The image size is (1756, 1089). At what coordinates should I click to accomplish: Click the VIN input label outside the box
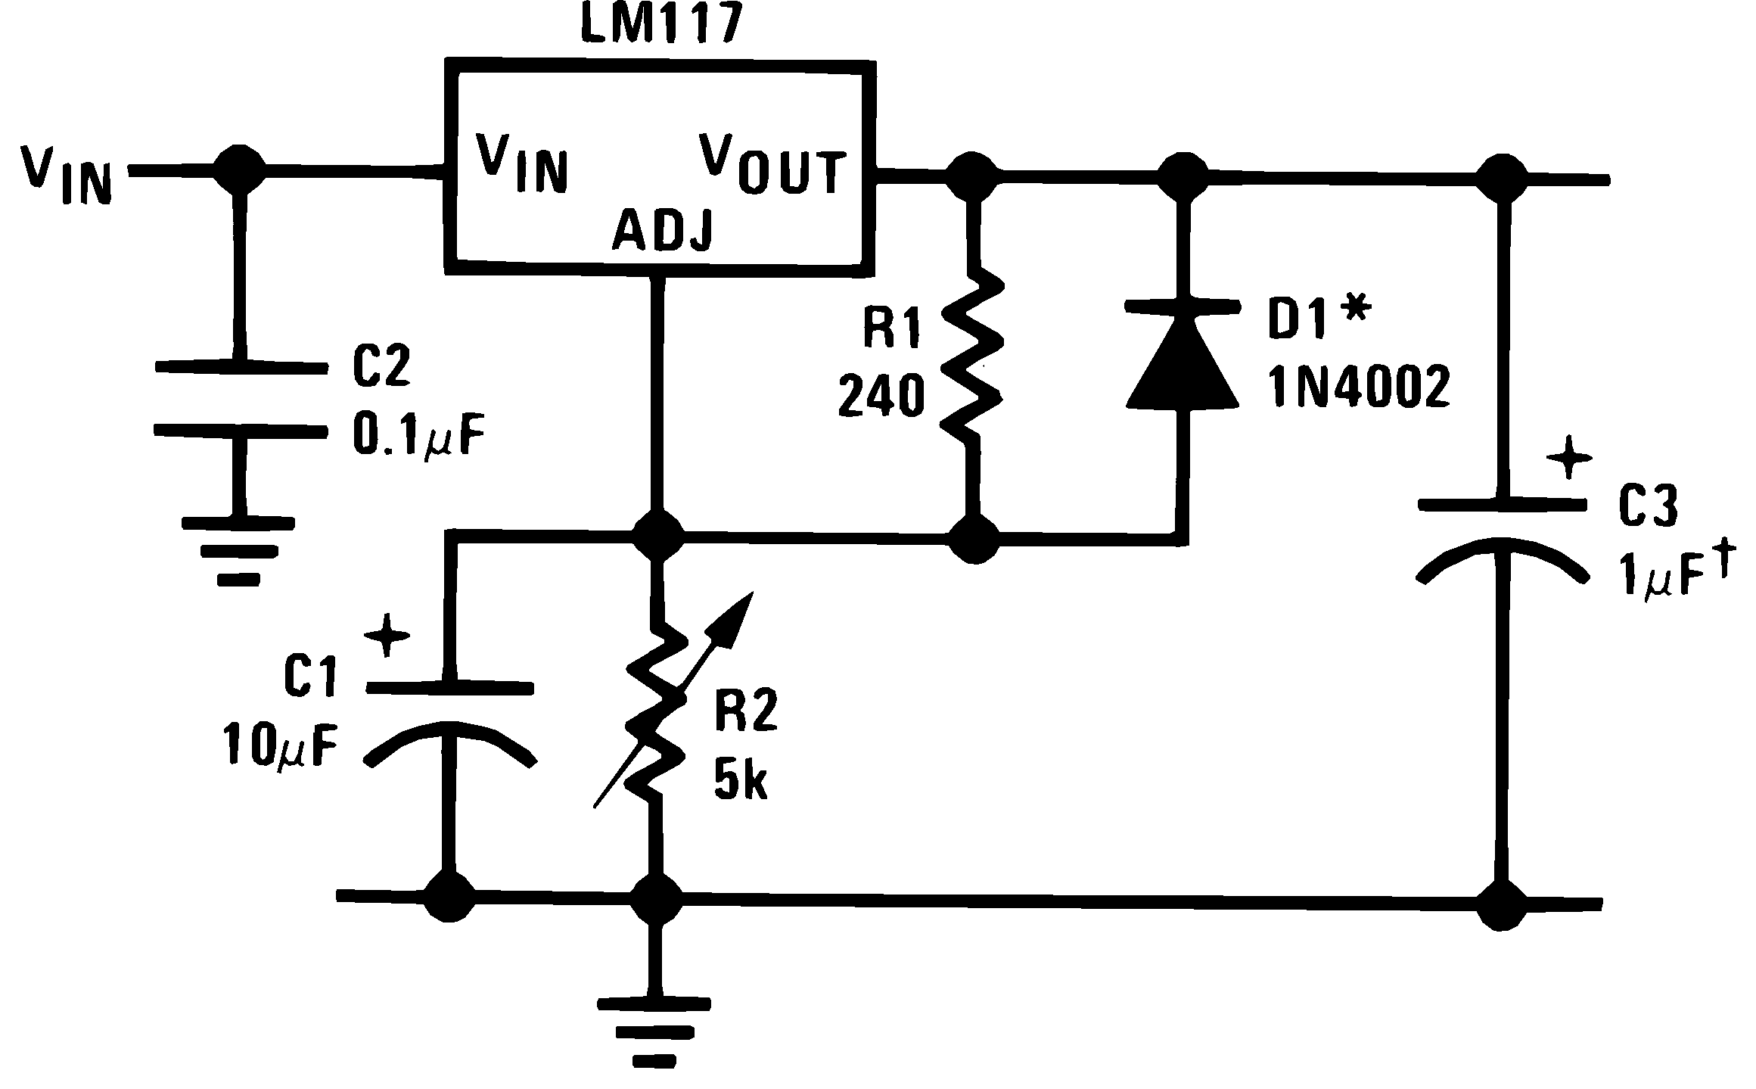point(67,176)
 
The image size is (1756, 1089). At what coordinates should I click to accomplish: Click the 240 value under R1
point(881,397)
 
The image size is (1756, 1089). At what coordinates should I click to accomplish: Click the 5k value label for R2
point(740,784)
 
